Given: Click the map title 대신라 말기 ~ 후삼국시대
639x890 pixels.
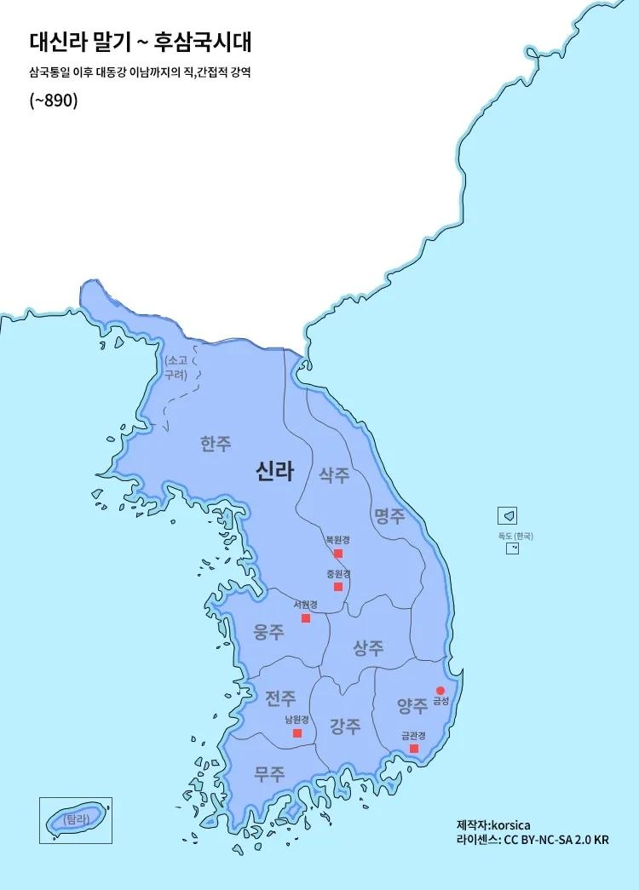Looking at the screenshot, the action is pyautogui.click(x=140, y=43).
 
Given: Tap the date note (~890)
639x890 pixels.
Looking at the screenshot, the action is pyautogui.click(x=54, y=101).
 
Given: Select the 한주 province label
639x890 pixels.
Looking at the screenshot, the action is pyautogui.click(x=216, y=444).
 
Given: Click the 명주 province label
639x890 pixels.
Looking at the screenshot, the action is pyautogui.click(x=389, y=515).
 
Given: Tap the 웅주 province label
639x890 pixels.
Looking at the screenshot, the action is pyautogui.click(x=269, y=632).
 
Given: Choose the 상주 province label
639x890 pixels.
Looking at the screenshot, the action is pyautogui.click(x=368, y=648).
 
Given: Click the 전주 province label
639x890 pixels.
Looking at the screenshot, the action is pyautogui.click(x=280, y=699).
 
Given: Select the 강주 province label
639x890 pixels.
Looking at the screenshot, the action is pyautogui.click(x=345, y=726).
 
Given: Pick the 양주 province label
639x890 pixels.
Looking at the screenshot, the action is pyautogui.click(x=412, y=705).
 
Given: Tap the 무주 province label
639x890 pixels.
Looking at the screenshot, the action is pyautogui.click(x=269, y=774).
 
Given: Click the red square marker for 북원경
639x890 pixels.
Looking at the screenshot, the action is pyautogui.click(x=338, y=554).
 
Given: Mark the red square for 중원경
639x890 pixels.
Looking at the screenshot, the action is pyautogui.click(x=338, y=587).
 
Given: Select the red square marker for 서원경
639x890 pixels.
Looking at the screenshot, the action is pyautogui.click(x=306, y=618).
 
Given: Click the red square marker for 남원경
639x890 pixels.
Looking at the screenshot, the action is pyautogui.click(x=297, y=733).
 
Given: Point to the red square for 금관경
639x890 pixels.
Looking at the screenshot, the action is pyautogui.click(x=414, y=749).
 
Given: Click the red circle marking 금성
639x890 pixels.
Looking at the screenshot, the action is pyautogui.click(x=440, y=691).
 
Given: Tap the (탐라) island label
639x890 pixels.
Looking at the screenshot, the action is pyautogui.click(x=76, y=819).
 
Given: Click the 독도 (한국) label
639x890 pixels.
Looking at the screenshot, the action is pyautogui.click(x=515, y=536).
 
